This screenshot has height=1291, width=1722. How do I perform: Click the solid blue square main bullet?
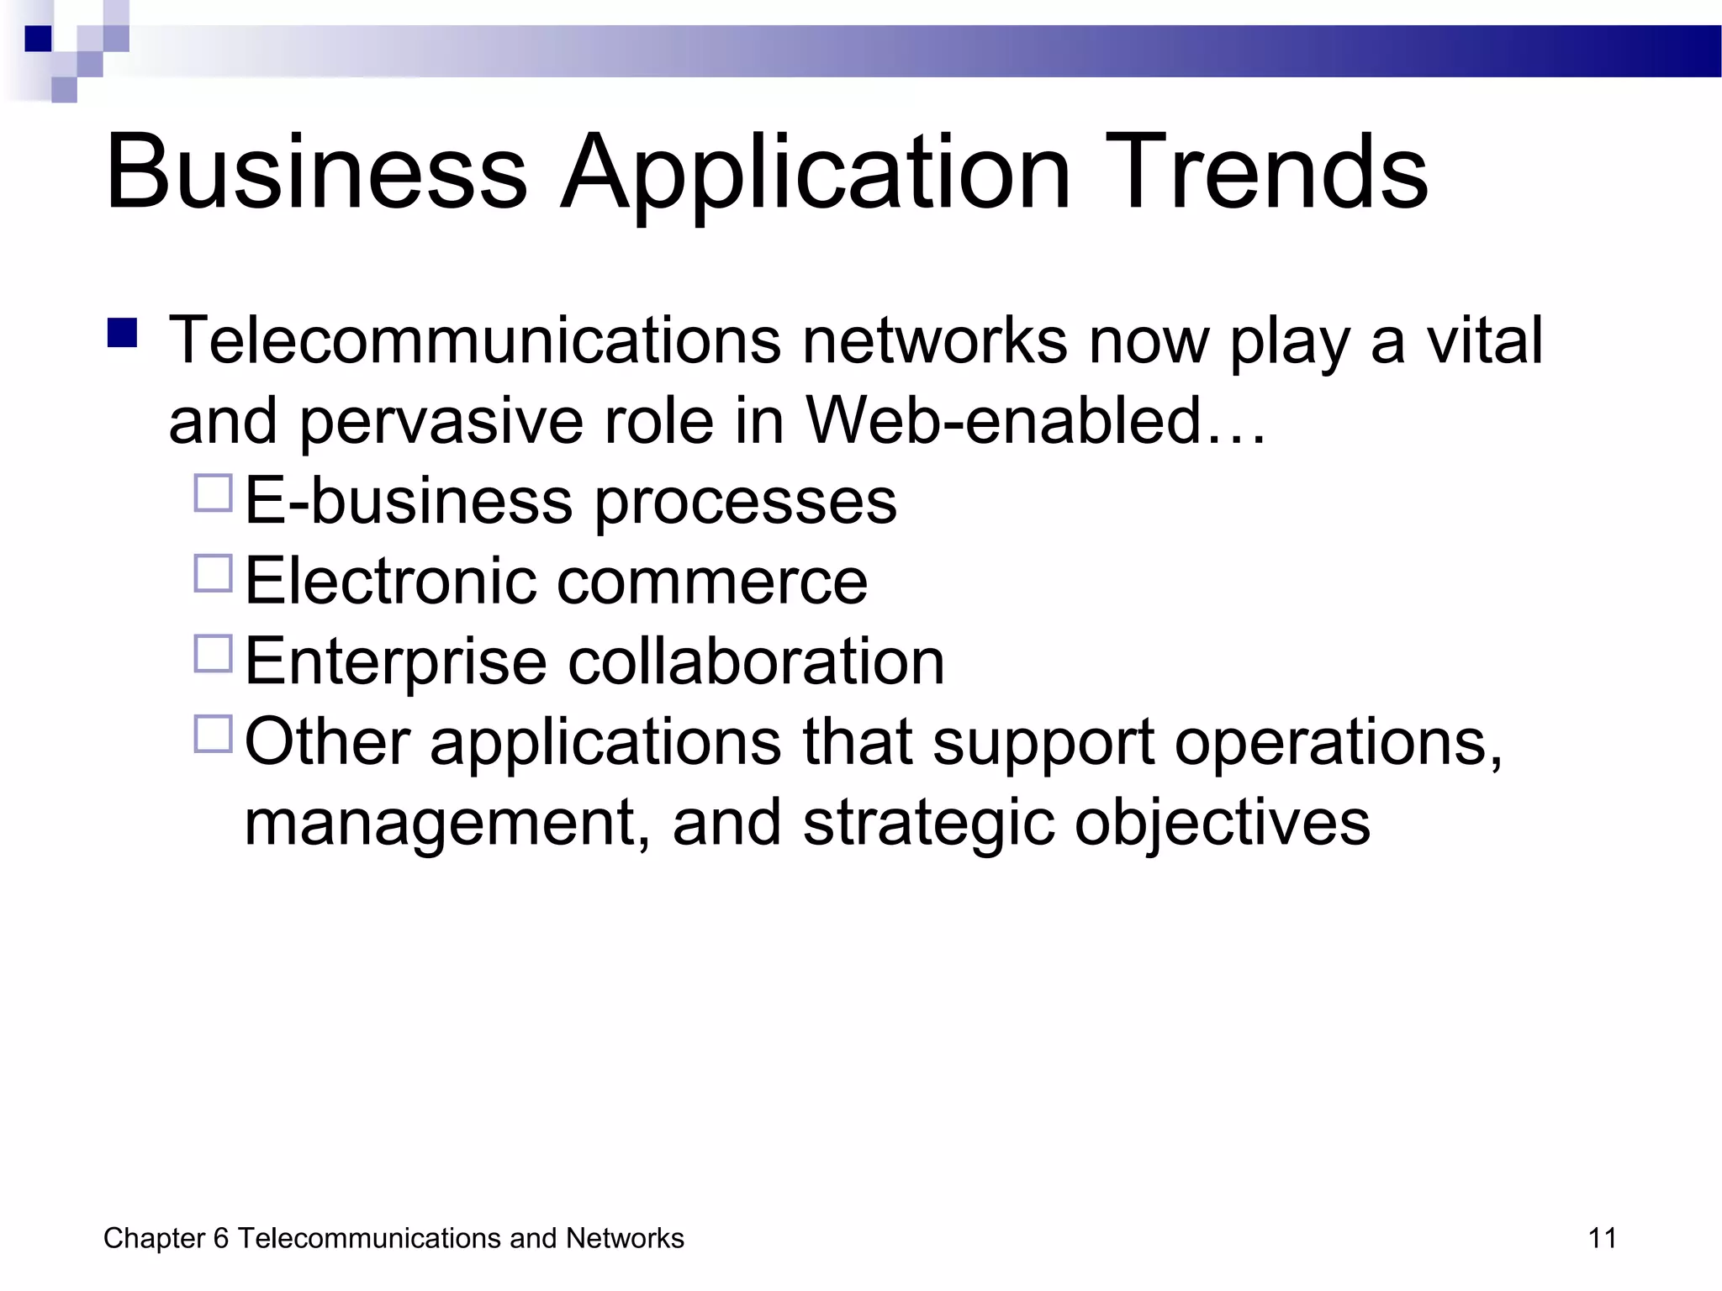[x=123, y=333]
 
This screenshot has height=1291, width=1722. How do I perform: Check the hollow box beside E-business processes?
[x=214, y=493]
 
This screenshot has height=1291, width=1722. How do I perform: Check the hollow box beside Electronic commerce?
[x=214, y=573]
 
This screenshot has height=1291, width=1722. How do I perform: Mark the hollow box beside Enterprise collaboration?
[x=214, y=654]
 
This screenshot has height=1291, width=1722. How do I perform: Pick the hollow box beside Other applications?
[x=214, y=734]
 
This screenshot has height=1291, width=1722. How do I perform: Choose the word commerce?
[x=712, y=582]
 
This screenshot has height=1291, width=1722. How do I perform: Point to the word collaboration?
[x=756, y=661]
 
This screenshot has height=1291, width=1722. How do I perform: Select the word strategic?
[x=928, y=824]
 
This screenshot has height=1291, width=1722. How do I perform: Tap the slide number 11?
[x=1603, y=1238]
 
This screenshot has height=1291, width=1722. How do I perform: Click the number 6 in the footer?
[x=221, y=1238]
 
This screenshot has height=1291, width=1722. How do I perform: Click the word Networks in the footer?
[x=625, y=1238]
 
